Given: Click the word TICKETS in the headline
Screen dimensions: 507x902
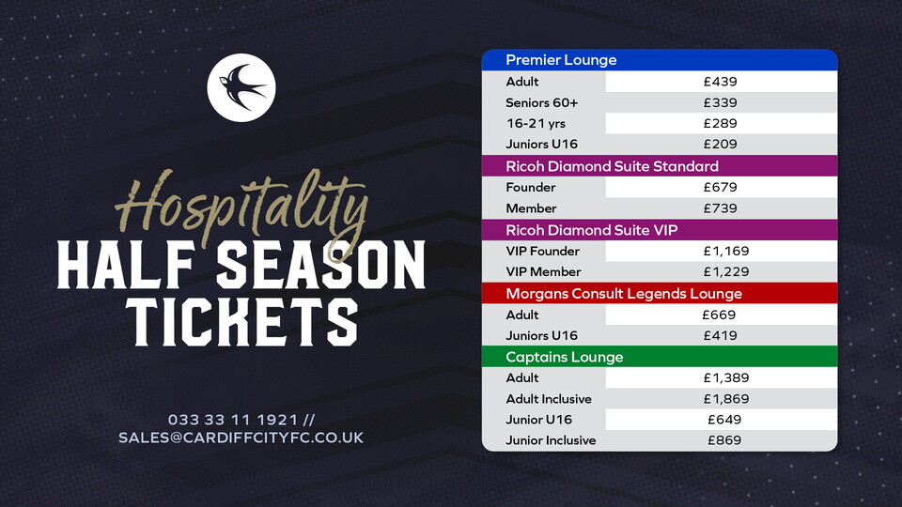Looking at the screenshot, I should coord(241,322).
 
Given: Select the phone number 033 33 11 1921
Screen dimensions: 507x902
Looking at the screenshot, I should coord(233,419).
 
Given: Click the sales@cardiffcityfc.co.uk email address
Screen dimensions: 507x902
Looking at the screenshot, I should coord(241,438).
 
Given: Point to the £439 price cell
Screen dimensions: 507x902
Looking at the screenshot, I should coord(721,82).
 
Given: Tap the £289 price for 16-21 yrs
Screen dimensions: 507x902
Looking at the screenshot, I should coord(721,124).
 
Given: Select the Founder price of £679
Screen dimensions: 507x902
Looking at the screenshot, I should coord(721,188).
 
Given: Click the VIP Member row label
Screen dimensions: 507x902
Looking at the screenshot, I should coord(543,272).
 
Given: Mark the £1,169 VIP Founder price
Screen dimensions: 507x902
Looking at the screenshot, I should coord(721,252).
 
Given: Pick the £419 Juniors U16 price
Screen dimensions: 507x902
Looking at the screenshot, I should coord(721,336).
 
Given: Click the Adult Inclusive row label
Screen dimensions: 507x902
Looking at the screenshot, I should coord(548,399).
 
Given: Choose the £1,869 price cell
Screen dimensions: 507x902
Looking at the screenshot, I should coord(721,399).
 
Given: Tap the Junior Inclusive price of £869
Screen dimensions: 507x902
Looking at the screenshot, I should coord(721,440).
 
